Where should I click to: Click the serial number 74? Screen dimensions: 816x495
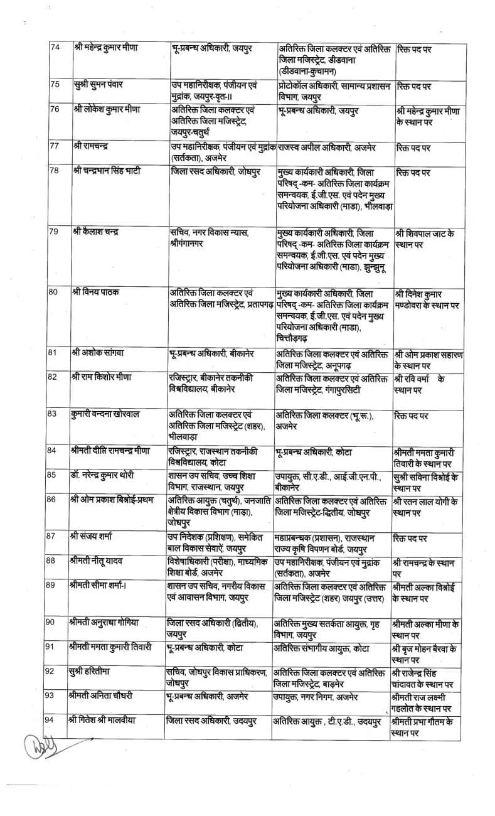tap(55, 48)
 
